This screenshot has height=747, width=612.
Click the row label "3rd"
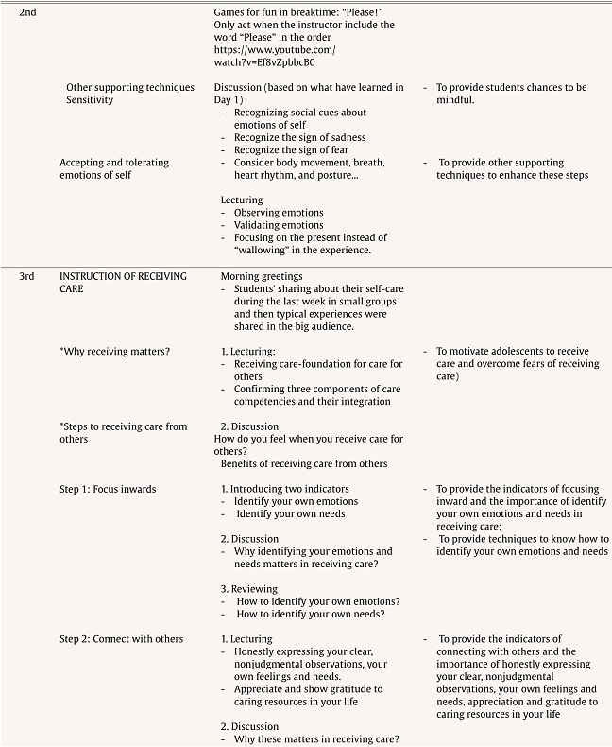pyautogui.click(x=27, y=276)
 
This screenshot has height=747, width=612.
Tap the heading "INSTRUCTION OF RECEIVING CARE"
pyautogui.click(x=123, y=282)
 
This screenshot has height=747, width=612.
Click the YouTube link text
pyautogui.click(x=274, y=56)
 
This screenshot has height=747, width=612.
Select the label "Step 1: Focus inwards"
pyautogui.click(x=108, y=489)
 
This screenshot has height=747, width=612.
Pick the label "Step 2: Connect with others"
pyautogui.click(x=121, y=639)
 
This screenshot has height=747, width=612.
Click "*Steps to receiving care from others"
pyautogui.click(x=123, y=432)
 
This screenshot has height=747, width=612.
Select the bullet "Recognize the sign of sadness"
pyautogui.click(x=300, y=138)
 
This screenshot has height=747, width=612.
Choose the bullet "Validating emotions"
pyautogui.click(x=279, y=225)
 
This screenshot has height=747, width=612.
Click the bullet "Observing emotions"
pyautogui.click(x=279, y=213)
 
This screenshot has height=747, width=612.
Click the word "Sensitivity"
pyautogui.click(x=90, y=99)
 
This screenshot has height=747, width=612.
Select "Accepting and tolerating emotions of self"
pyautogui.click(x=114, y=168)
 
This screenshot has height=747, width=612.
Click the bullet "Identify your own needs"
pyautogui.click(x=290, y=513)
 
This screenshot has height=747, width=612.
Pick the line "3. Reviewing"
pyautogui.click(x=249, y=588)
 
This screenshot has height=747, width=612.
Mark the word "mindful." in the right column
pyautogui.click(x=455, y=100)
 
